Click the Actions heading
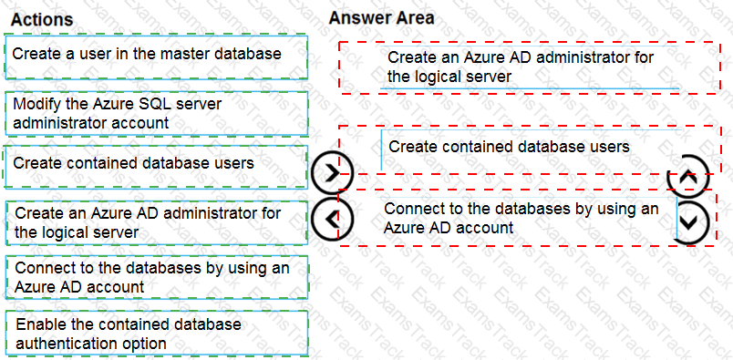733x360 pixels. tap(42, 19)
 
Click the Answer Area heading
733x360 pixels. tap(381, 17)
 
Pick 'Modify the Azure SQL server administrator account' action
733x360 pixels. tap(156, 113)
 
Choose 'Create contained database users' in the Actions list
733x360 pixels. tap(156, 163)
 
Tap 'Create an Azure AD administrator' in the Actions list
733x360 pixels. tap(156, 223)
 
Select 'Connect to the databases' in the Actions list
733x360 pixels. tap(156, 277)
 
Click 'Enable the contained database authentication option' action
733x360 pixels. tap(156, 334)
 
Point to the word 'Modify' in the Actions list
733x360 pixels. tap(36, 104)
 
